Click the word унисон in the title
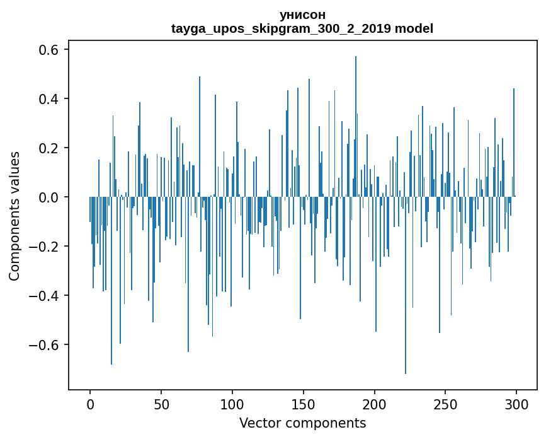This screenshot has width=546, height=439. click(302, 15)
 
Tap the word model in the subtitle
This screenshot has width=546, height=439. click(414, 29)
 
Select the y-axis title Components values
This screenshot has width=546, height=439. click(14, 216)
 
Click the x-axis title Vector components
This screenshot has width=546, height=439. click(302, 423)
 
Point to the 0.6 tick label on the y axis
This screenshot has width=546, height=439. click(50, 50)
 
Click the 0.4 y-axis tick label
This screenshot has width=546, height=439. click(50, 99)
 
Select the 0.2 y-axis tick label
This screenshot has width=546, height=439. click(50, 148)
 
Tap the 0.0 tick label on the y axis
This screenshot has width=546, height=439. click(50, 197)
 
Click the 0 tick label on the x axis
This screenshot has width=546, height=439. click(90, 404)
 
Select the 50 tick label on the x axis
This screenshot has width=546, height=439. click(161, 404)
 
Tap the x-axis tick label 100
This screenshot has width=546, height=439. click(232, 404)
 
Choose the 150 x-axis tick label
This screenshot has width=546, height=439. click(304, 404)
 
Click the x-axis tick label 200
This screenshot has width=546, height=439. click(375, 404)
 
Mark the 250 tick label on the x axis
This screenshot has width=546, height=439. click(446, 404)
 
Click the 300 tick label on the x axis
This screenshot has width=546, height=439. click(516, 404)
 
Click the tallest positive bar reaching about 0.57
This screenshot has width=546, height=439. click(356, 126)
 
